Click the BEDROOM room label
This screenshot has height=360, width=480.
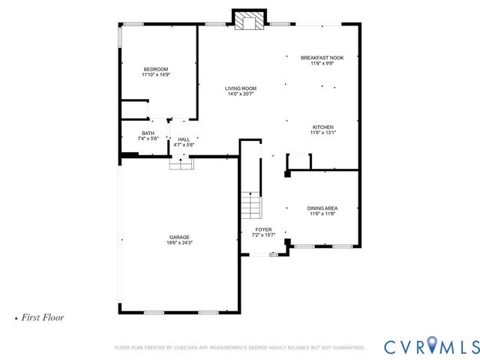click(156, 69)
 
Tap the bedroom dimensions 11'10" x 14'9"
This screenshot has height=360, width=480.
click(156, 75)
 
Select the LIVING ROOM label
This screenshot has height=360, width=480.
click(241, 88)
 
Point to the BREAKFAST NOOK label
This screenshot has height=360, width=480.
click(322, 58)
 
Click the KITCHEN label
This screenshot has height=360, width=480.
click(322, 127)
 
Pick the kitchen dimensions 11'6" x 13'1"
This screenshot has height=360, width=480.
click(322, 133)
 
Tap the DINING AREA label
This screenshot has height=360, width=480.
click(322, 208)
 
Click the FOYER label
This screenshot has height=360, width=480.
click(263, 229)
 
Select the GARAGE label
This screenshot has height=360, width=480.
click(178, 237)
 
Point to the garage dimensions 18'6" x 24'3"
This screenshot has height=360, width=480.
click(178, 243)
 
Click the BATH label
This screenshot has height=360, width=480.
click(148, 133)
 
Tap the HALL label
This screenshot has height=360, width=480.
click(184, 139)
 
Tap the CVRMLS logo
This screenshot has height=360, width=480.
click(430, 346)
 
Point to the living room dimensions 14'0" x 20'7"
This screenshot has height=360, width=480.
click(241, 94)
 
